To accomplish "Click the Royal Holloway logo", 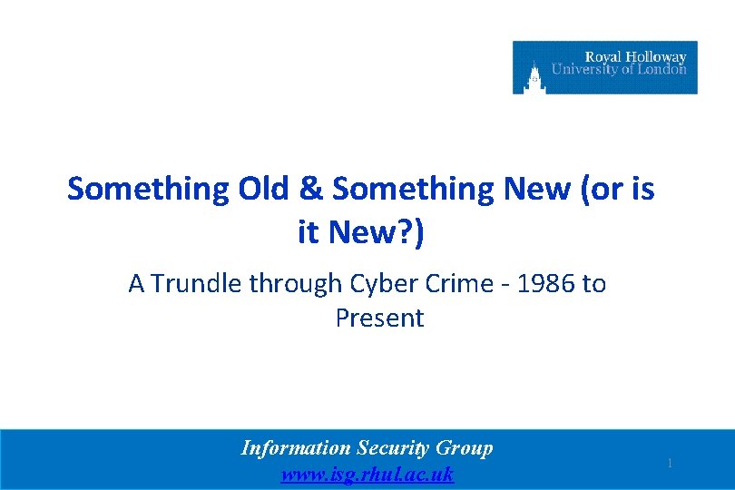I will click(x=604, y=67).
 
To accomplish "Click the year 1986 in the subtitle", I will click(x=550, y=284).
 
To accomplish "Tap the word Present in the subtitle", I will click(x=379, y=318).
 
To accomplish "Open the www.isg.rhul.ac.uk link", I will click(x=367, y=474).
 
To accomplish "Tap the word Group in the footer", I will click(x=465, y=448).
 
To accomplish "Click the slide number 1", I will click(x=670, y=464).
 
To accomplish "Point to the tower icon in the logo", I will click(x=534, y=75).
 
